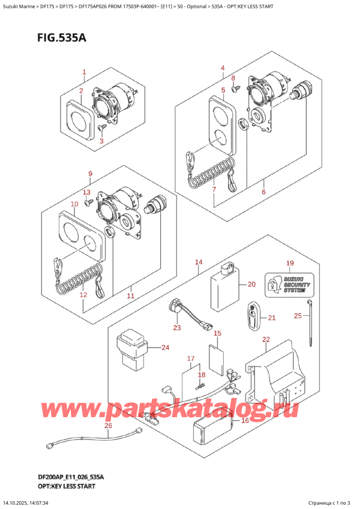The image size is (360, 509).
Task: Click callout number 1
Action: coord(84,72)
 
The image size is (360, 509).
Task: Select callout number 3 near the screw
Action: coord(101,141)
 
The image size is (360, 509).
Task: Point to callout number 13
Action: coord(87,192)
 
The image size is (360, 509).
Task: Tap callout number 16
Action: coord(244,421)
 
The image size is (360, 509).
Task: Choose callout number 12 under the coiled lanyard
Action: coord(83,295)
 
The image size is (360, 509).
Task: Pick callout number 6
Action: coord(263,192)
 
